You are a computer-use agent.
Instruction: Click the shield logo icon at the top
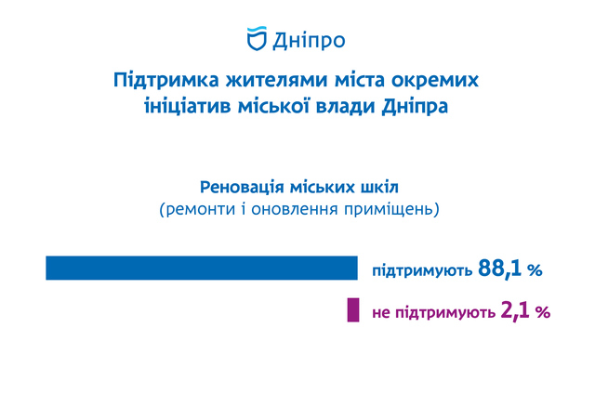[257, 39]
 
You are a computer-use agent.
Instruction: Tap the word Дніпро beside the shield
[309, 41]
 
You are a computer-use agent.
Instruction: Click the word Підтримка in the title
[166, 81]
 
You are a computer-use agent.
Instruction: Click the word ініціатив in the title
[188, 107]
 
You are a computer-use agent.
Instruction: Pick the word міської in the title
[273, 107]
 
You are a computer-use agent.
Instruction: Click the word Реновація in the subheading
[242, 187]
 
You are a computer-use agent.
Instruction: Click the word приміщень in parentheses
[389, 210]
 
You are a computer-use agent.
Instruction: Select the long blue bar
[202, 268]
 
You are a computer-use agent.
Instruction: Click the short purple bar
[353, 310]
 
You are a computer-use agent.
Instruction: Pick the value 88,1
[500, 269]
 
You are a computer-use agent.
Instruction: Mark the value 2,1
[515, 310]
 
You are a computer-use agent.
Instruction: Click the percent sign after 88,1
[535, 270]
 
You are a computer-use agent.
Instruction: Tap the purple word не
[381, 313]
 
